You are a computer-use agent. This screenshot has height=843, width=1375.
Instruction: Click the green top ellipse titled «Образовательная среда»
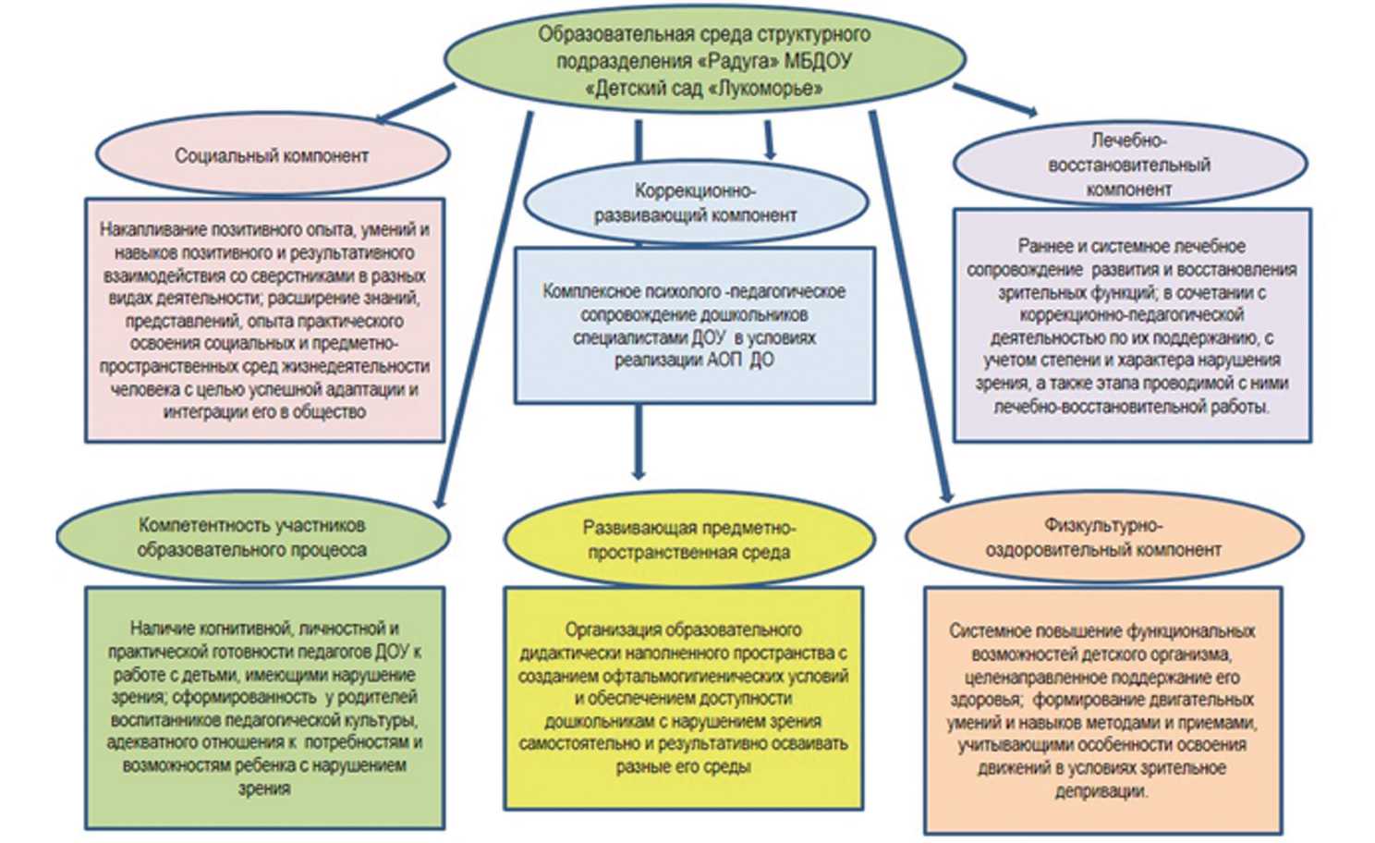point(704,60)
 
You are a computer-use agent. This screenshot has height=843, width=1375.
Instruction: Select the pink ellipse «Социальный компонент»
point(272,155)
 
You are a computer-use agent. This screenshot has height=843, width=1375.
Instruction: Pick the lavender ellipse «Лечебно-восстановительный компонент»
point(1129,165)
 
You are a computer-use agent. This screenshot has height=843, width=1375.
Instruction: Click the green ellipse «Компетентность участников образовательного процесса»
point(252,537)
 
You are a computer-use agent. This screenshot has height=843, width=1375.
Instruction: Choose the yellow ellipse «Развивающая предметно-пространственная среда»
point(689,540)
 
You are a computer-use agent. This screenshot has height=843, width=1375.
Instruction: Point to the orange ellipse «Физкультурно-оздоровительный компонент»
point(1103,537)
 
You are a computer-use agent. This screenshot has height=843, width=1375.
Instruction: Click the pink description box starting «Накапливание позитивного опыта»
point(265,320)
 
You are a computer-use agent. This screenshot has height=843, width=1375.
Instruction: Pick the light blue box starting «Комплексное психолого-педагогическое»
point(694,325)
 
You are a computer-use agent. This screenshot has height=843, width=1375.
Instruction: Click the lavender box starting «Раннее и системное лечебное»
point(1132,325)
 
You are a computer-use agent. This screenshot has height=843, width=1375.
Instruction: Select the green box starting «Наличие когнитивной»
point(264,707)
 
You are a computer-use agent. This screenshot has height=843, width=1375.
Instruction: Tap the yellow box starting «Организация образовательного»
point(684,698)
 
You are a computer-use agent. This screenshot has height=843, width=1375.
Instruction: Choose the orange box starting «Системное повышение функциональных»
point(1102,710)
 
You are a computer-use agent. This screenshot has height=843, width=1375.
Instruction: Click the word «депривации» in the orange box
point(1101,791)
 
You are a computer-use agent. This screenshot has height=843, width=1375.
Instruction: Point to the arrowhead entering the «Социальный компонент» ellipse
point(381,119)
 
